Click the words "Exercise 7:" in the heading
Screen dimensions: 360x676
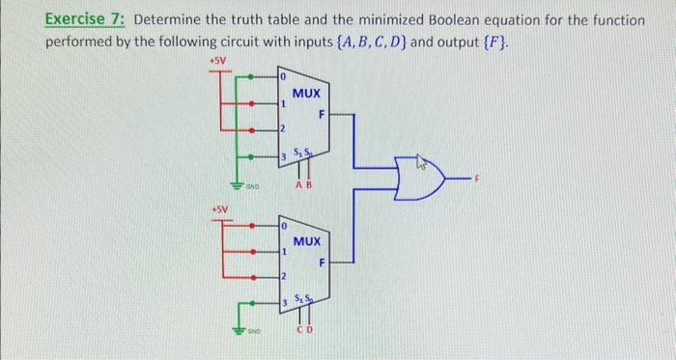(x=88, y=20)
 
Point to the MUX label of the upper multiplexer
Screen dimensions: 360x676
(x=306, y=94)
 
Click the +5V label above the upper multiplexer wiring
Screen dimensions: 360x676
(x=219, y=60)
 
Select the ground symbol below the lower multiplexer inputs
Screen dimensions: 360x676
(x=235, y=334)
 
